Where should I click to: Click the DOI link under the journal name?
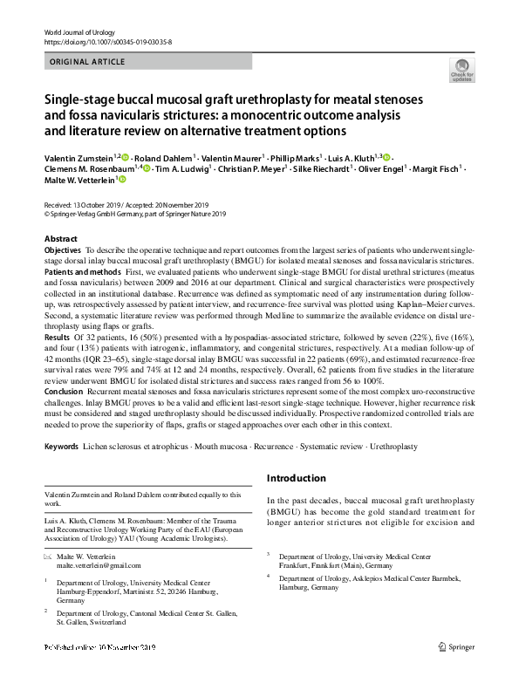(107, 41)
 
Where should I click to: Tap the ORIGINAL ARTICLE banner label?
(88, 62)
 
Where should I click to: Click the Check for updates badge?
(460, 70)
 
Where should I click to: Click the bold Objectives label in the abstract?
(63, 249)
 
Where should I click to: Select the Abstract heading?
(61, 238)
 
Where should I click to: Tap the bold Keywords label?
(62, 447)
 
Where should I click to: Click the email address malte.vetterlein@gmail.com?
(99, 565)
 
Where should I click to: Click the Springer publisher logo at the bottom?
(456, 649)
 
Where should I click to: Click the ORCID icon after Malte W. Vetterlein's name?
(123, 180)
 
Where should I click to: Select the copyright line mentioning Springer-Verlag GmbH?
(135, 214)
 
